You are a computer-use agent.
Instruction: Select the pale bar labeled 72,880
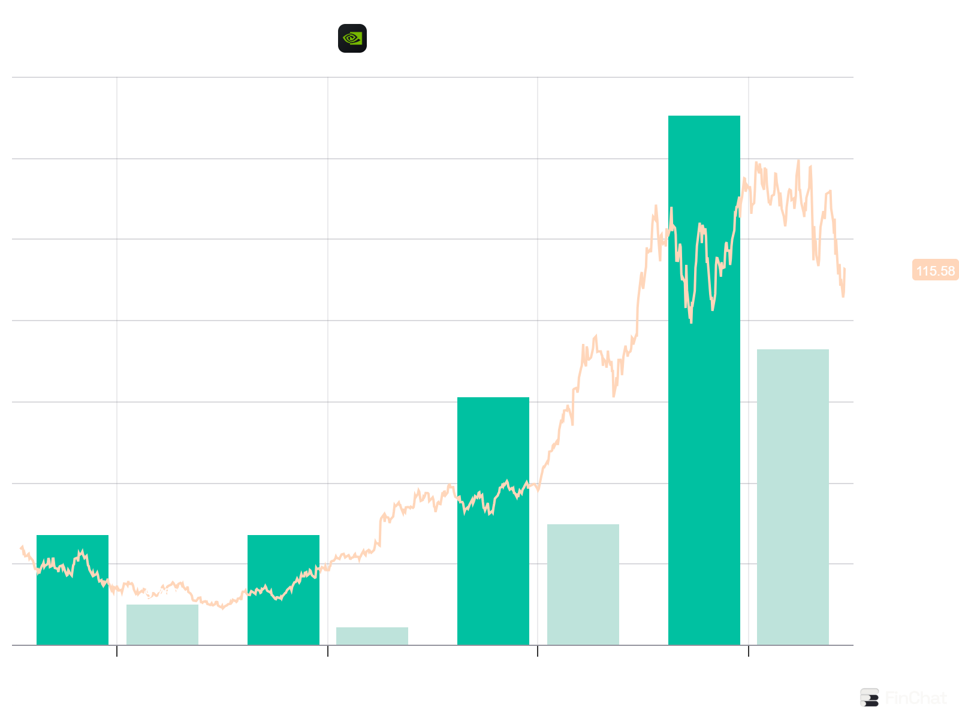[792, 497]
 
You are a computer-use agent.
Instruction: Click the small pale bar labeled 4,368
[372, 636]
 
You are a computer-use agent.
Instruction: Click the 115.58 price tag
[935, 271]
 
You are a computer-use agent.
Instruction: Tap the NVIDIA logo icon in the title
[352, 38]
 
